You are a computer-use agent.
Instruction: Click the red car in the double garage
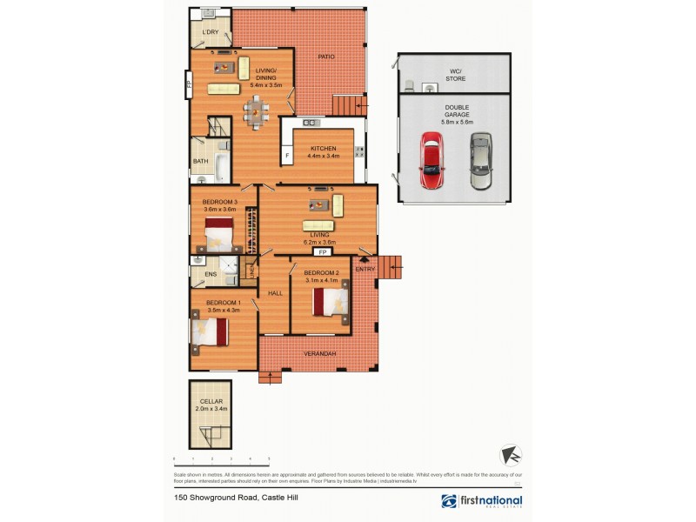point(432,161)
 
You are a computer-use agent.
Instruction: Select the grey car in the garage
point(481,161)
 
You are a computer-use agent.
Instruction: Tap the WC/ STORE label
point(455,76)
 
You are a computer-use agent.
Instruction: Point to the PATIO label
point(326,57)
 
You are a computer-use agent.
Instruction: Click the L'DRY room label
point(210,33)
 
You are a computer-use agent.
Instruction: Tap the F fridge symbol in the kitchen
point(286,157)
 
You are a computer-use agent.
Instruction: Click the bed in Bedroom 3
point(218,233)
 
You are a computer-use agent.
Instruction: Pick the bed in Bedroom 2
point(331,302)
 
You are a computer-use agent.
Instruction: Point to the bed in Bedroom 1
point(210,331)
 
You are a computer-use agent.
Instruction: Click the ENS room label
point(210,275)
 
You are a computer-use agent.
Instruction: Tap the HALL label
point(274,293)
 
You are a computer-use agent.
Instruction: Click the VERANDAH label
point(319,354)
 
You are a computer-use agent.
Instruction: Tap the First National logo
point(481,501)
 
